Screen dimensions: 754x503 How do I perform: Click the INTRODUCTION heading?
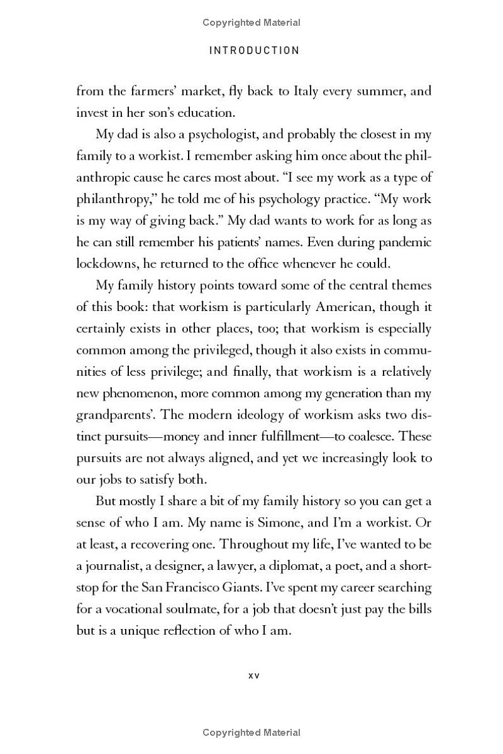coord(254,50)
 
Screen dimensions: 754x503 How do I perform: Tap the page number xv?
coord(254,675)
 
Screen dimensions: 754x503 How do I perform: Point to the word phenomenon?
coord(131,393)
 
